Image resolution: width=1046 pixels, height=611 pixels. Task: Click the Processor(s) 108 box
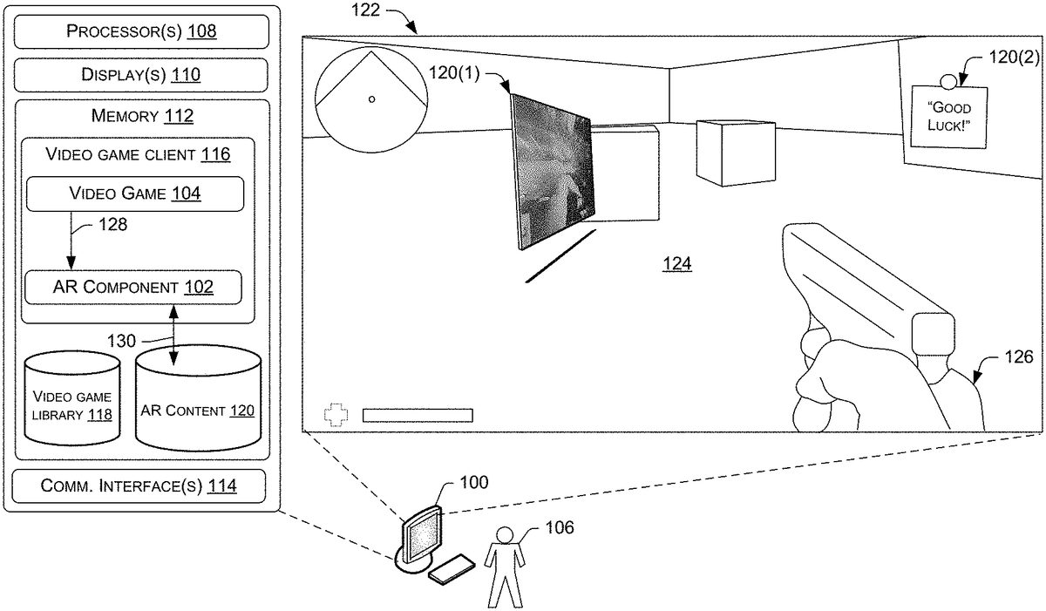tap(141, 31)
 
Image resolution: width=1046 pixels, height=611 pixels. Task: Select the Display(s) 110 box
tap(141, 75)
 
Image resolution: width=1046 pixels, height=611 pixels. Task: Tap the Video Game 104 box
tap(135, 193)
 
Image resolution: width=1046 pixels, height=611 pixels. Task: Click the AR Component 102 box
tap(133, 287)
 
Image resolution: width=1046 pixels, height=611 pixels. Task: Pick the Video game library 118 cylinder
tap(71, 398)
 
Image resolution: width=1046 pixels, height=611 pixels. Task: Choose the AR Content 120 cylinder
tap(198, 398)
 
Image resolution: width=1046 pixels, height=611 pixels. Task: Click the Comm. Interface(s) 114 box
tap(139, 485)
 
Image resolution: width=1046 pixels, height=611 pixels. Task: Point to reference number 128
tap(112, 225)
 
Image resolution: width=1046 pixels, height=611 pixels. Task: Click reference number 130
tap(121, 341)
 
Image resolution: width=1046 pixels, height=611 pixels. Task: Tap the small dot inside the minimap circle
tap(371, 99)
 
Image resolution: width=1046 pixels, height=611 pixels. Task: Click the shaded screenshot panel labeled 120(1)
tap(553, 171)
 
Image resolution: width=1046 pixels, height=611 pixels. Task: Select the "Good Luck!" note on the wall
tap(949, 117)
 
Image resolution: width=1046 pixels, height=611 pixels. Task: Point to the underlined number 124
tap(677, 264)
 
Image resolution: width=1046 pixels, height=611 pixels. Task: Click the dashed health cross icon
tap(336, 415)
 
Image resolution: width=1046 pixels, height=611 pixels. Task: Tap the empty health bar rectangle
tap(418, 416)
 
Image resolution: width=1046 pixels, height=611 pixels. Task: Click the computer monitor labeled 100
tap(421, 540)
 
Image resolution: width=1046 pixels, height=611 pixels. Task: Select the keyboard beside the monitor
tap(452, 568)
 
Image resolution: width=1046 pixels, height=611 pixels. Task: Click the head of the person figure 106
tap(505, 535)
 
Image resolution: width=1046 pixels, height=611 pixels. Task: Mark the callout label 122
tap(365, 10)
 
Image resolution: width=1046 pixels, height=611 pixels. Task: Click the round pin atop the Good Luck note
tap(948, 82)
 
